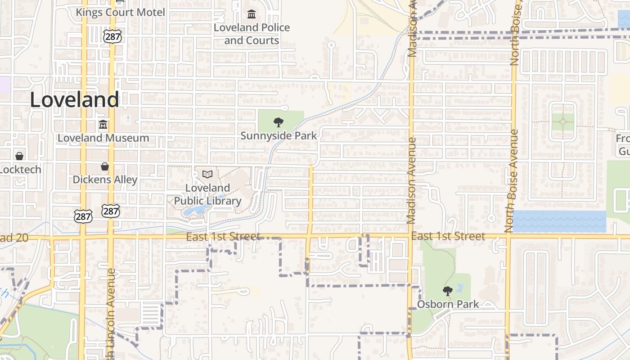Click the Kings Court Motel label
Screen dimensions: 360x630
point(120,12)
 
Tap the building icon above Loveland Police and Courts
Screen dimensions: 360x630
point(252,14)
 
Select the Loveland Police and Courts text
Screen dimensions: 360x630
point(252,34)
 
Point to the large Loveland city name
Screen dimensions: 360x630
point(74,99)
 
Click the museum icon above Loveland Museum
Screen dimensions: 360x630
point(103,125)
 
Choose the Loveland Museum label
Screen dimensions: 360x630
point(103,138)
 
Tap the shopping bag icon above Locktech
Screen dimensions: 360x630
point(19,156)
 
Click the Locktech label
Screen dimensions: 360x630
point(21,170)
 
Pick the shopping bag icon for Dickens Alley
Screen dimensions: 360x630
point(105,166)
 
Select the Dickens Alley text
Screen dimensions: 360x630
point(105,180)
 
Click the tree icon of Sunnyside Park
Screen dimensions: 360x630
point(279,122)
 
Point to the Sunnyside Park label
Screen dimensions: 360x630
point(279,135)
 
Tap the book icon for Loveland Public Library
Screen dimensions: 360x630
point(207,174)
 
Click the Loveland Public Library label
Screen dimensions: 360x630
point(207,194)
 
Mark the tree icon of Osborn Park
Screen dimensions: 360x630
point(447,291)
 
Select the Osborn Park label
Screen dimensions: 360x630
point(448,304)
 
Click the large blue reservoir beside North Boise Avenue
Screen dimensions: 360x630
point(559,221)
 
